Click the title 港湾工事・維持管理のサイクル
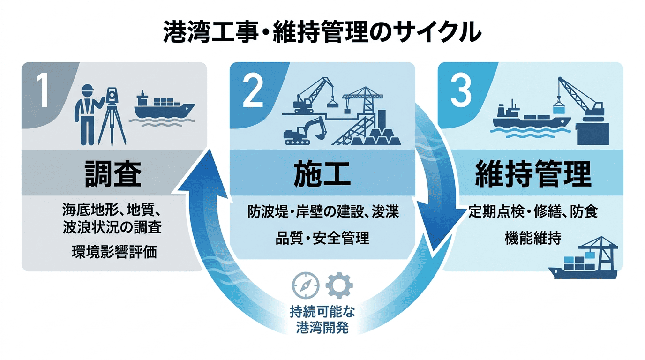point(322,33)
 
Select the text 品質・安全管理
point(322,238)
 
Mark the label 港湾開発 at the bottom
point(322,328)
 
